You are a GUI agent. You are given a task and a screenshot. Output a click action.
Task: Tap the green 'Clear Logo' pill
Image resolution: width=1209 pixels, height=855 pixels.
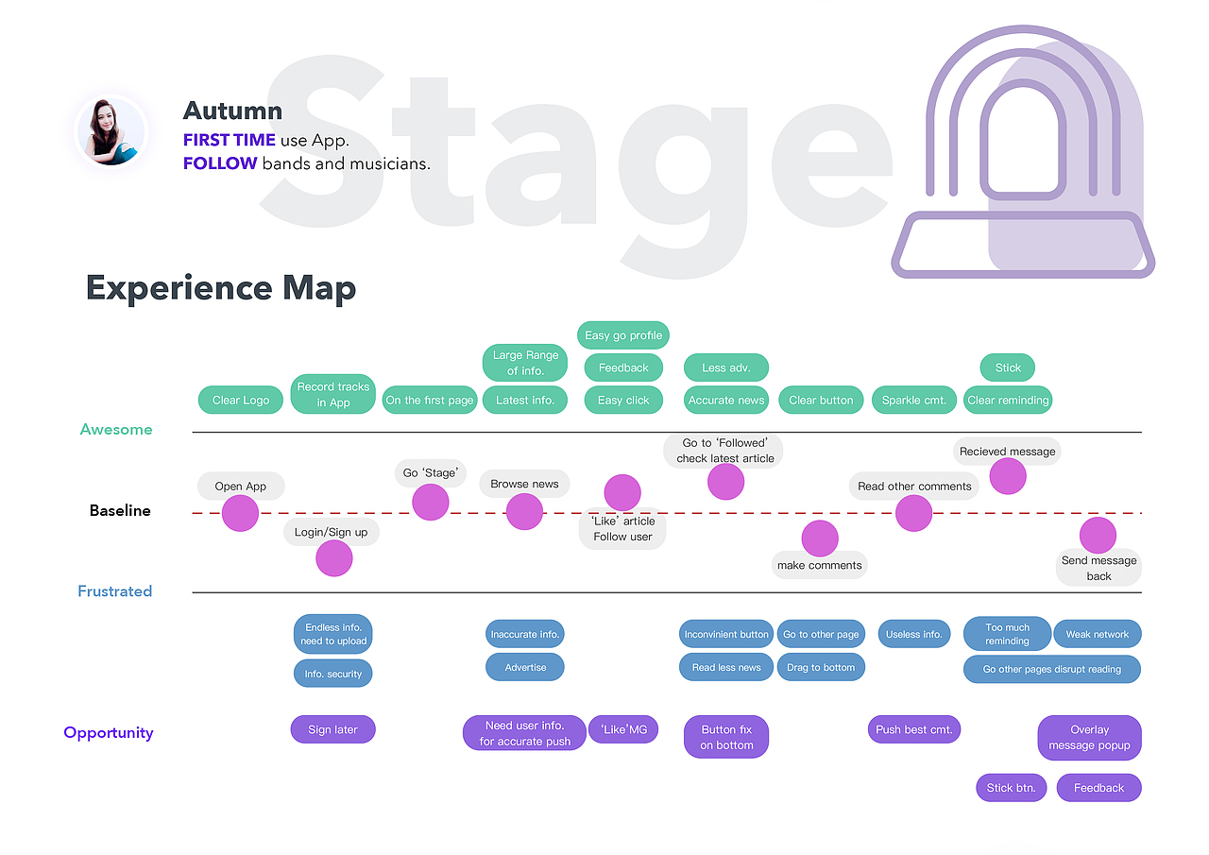241,400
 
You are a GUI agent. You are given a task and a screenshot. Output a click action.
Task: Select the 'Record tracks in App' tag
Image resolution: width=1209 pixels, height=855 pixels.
333,394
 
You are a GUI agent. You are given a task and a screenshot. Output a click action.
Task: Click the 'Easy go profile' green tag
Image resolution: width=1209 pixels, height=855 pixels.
623,335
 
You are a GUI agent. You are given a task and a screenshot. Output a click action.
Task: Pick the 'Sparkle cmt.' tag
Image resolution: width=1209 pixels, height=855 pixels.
914,400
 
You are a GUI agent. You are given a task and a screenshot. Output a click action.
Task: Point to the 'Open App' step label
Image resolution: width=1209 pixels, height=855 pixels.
241,487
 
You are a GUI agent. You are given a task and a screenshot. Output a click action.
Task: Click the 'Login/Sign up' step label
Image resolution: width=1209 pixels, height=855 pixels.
331,532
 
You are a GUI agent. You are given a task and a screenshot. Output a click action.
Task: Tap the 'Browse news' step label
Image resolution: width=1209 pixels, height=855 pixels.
524,484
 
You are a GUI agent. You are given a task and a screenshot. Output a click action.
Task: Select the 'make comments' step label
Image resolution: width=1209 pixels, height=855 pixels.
819,565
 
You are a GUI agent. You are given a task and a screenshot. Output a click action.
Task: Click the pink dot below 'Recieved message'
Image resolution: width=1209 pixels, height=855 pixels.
1008,476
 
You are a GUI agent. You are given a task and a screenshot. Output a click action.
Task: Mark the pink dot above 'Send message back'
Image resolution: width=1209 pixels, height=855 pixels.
1098,536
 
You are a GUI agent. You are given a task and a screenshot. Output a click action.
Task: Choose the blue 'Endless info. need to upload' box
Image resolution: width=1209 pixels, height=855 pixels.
333,634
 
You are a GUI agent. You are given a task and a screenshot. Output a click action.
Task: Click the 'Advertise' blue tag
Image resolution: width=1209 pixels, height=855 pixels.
525,667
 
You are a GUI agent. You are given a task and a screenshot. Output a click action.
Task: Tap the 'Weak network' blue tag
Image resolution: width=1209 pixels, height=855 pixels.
1097,634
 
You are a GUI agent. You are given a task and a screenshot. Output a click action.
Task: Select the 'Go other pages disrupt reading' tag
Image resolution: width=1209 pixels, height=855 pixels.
1051,669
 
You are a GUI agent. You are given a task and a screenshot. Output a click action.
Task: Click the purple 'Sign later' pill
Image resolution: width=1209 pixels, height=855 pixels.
332,729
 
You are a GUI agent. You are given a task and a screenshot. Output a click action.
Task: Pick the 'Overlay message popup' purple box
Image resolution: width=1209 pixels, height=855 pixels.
1089,737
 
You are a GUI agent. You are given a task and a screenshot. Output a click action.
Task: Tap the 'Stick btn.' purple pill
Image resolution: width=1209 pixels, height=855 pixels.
1011,788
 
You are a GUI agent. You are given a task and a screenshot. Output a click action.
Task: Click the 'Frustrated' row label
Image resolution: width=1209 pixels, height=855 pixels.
114,591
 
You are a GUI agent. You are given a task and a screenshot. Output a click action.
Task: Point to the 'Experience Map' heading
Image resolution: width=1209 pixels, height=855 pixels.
221,288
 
